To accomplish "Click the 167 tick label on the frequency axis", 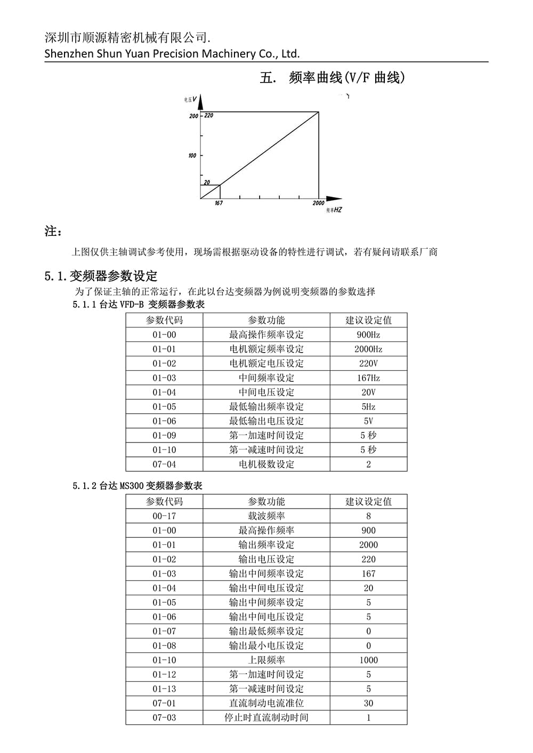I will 219,203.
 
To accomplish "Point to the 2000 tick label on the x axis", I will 318,203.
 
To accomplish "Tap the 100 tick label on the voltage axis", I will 192,155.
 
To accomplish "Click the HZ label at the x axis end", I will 337,210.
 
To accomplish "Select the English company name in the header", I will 172,53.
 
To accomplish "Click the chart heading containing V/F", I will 333,78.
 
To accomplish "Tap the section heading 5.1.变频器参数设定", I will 101,276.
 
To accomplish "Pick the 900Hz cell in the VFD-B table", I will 368,335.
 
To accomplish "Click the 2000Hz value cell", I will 368,349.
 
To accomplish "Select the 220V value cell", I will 368,364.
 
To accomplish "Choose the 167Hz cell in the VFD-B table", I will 368,378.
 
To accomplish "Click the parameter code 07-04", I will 164,464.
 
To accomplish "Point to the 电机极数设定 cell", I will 266,464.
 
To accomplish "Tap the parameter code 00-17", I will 164,516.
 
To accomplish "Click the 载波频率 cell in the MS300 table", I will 266,516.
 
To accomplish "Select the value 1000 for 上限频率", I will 368,660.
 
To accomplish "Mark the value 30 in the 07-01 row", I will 368,703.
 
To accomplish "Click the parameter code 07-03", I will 164,717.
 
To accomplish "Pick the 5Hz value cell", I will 368,407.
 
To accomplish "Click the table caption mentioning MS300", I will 138,486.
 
